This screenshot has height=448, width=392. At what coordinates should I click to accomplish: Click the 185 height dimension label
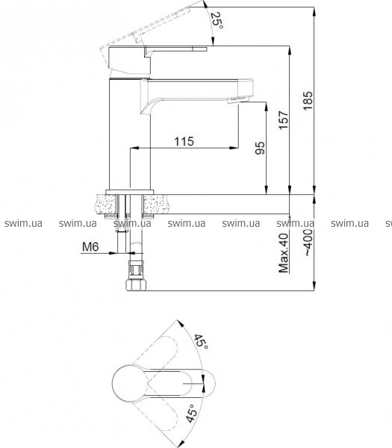pos(308,101)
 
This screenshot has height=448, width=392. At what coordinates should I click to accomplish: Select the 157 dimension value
pos(284,120)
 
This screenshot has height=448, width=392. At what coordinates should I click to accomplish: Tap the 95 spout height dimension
pos(260,148)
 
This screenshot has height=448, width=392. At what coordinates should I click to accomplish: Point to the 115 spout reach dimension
pos(184,141)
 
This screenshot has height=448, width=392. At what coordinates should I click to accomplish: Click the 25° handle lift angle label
pos(217,20)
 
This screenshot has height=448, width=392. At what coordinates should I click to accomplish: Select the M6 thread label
pos(90,246)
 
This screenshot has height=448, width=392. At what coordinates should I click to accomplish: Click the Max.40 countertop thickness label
pos(284,253)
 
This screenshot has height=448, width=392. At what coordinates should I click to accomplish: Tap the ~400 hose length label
pos(308,242)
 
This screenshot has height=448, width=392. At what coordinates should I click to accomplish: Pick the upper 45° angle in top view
pos(201,341)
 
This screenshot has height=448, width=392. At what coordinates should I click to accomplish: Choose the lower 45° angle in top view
pos(192,414)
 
